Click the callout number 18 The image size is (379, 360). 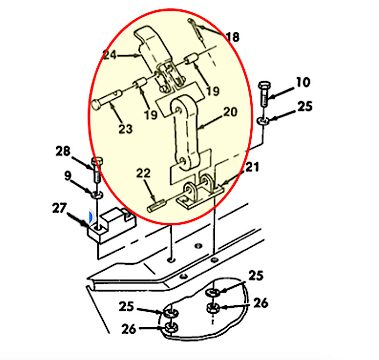(233, 37)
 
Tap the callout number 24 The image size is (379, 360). (110, 55)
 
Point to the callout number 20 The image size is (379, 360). (230, 112)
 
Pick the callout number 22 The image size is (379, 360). (143, 173)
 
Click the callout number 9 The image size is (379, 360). (68, 176)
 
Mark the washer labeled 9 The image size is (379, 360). (97, 193)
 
